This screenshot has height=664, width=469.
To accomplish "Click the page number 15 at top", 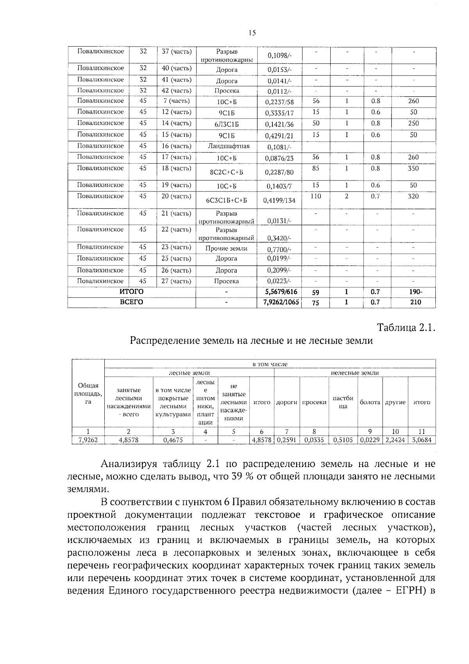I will (252, 33).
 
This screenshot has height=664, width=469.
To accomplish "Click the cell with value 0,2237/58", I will (279, 102).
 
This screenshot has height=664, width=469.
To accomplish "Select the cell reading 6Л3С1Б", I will (226, 125).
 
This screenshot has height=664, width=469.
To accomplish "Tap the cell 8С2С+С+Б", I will (226, 172).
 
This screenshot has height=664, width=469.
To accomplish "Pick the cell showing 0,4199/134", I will (279, 200).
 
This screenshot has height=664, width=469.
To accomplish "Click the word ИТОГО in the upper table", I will (131, 292).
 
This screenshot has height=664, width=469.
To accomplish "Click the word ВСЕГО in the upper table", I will (131, 302).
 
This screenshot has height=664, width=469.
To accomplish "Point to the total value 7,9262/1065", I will (279, 302).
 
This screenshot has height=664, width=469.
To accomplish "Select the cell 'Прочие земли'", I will (226, 248).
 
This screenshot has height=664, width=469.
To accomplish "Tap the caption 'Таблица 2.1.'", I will (406, 327).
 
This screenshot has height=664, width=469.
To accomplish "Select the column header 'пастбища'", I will (342, 402).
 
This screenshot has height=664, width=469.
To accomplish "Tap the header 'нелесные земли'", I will (354, 373).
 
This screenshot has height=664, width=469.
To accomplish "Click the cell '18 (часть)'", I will (176, 168).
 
